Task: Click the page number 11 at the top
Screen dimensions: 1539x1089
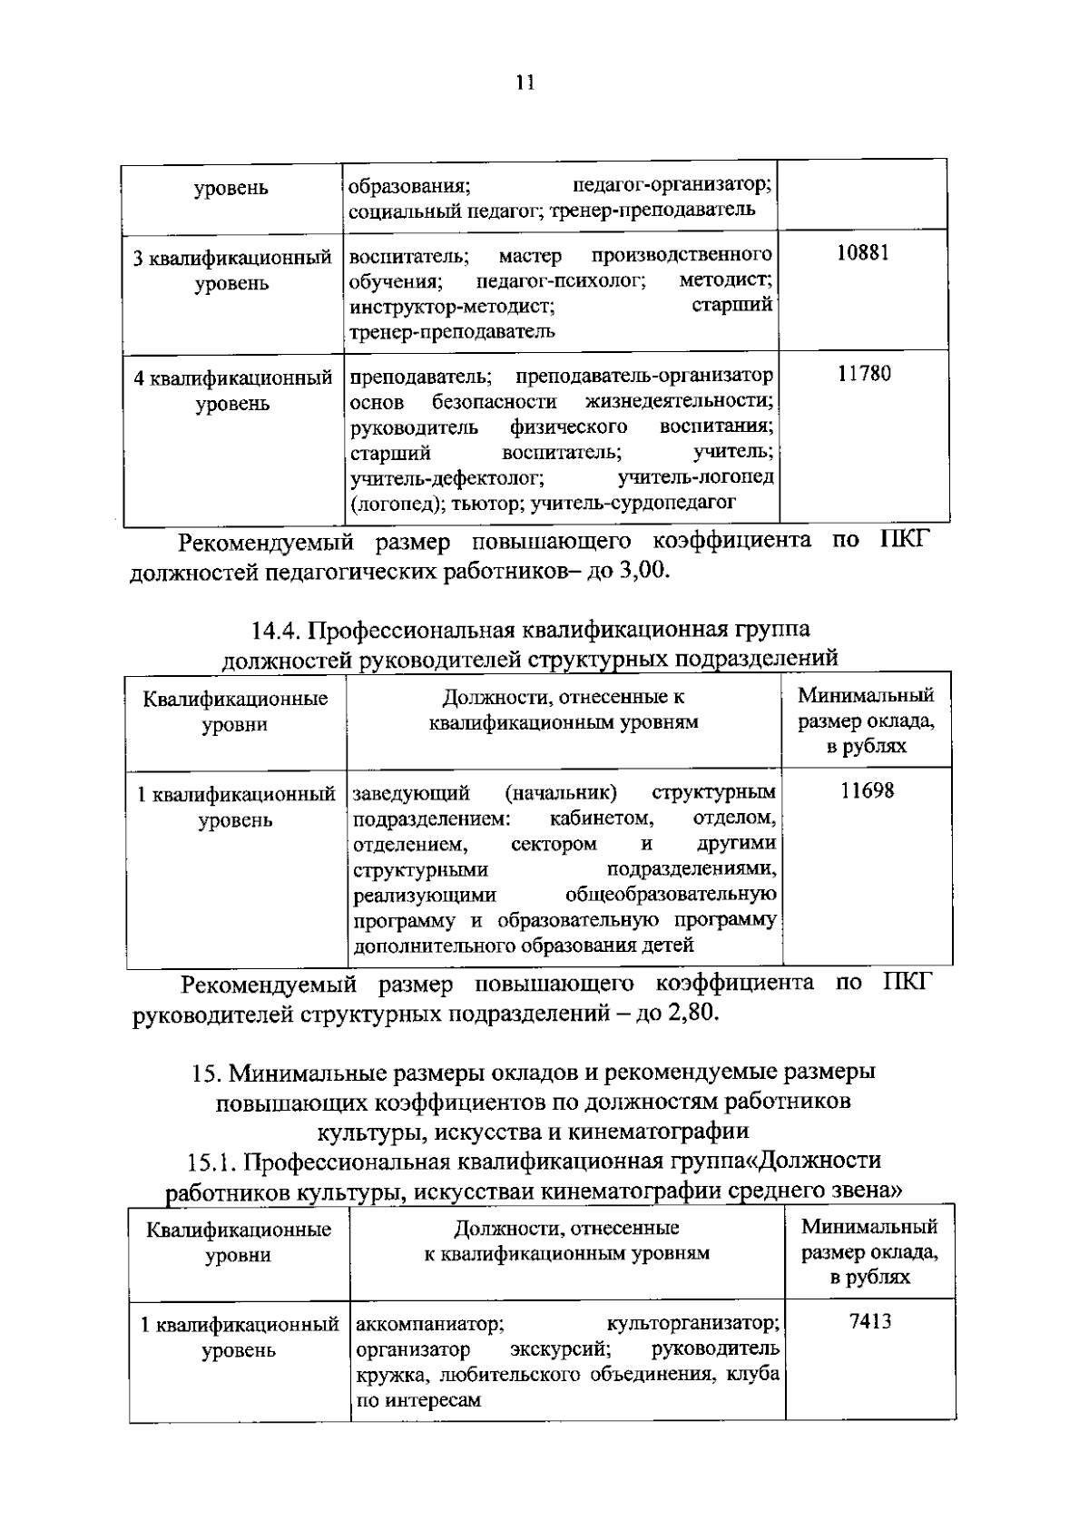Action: [x=525, y=83]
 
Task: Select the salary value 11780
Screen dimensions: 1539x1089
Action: [x=864, y=374]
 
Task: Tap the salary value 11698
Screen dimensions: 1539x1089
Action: [x=867, y=791]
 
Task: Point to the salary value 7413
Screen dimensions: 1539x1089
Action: [x=870, y=1321]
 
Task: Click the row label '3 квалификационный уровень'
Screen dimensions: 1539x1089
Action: [x=232, y=270]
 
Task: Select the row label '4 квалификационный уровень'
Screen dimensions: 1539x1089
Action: [x=233, y=390]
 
